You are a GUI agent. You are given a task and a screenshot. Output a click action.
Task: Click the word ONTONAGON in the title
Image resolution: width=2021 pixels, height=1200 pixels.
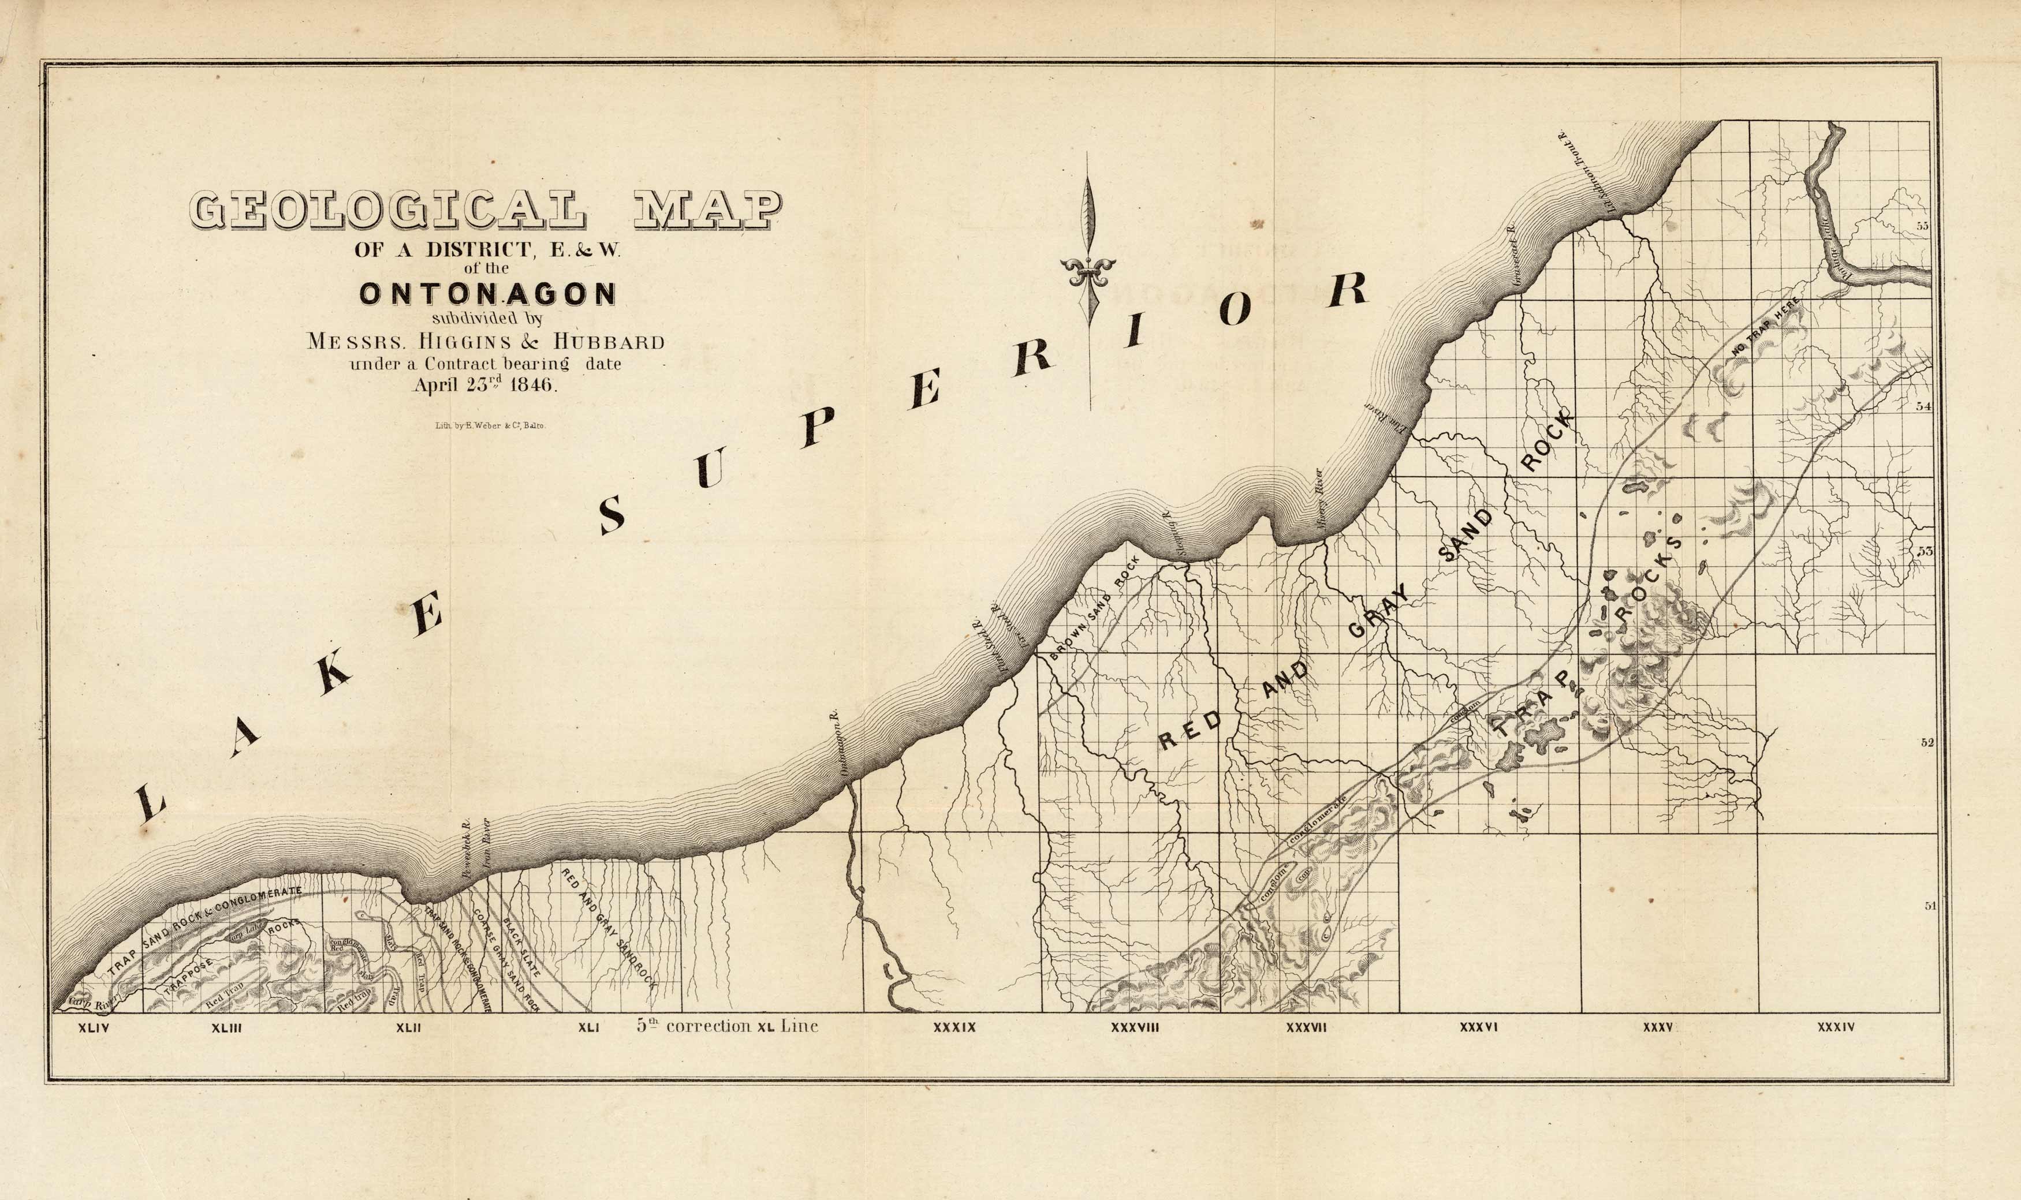(488, 294)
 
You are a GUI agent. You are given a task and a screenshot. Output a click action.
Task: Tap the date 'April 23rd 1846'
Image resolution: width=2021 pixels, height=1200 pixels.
(485, 385)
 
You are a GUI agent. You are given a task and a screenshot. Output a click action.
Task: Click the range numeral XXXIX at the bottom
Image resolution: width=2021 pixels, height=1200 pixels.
(954, 1028)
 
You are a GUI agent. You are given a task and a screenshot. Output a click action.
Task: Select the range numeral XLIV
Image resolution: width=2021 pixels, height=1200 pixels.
(93, 1029)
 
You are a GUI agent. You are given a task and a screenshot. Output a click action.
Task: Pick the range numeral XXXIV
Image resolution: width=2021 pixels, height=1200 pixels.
(1836, 1028)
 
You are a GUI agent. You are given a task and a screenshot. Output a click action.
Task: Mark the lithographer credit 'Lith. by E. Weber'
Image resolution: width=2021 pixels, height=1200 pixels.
(491, 424)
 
